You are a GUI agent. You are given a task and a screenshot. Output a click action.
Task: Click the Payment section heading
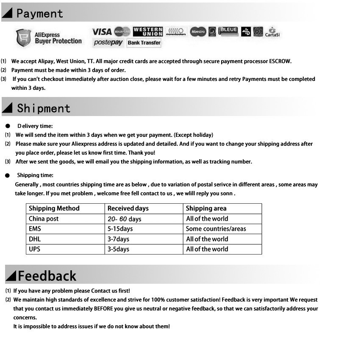(x=39, y=14)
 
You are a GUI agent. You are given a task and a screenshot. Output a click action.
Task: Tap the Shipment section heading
(x=43, y=108)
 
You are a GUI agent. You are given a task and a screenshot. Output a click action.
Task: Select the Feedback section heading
(x=47, y=276)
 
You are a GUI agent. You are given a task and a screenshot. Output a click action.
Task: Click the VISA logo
(x=102, y=31)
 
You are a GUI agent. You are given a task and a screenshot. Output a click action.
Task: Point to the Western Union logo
(x=148, y=31)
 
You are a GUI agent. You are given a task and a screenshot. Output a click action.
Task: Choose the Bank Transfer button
(x=144, y=43)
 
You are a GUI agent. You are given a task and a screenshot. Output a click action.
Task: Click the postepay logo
(x=108, y=43)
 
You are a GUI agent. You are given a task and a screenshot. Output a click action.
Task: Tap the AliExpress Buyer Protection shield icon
(x=23, y=38)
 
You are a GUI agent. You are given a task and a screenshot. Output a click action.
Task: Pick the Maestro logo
(x=198, y=31)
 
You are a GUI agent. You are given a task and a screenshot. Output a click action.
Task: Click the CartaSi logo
(x=272, y=32)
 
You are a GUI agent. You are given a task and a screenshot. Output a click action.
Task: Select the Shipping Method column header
(x=54, y=208)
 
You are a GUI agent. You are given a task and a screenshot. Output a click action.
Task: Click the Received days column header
(x=128, y=208)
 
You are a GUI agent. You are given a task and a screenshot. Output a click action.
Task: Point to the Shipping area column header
(x=206, y=208)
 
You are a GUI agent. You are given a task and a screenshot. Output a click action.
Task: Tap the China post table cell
(x=44, y=219)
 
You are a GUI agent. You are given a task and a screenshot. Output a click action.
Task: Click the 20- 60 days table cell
(x=124, y=219)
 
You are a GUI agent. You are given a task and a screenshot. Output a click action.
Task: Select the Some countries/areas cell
(x=216, y=229)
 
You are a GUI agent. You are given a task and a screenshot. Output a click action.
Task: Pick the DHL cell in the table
(x=35, y=239)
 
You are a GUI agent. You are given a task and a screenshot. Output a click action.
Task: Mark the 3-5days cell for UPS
(x=118, y=249)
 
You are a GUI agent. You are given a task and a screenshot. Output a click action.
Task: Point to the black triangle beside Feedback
(x=11, y=276)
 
